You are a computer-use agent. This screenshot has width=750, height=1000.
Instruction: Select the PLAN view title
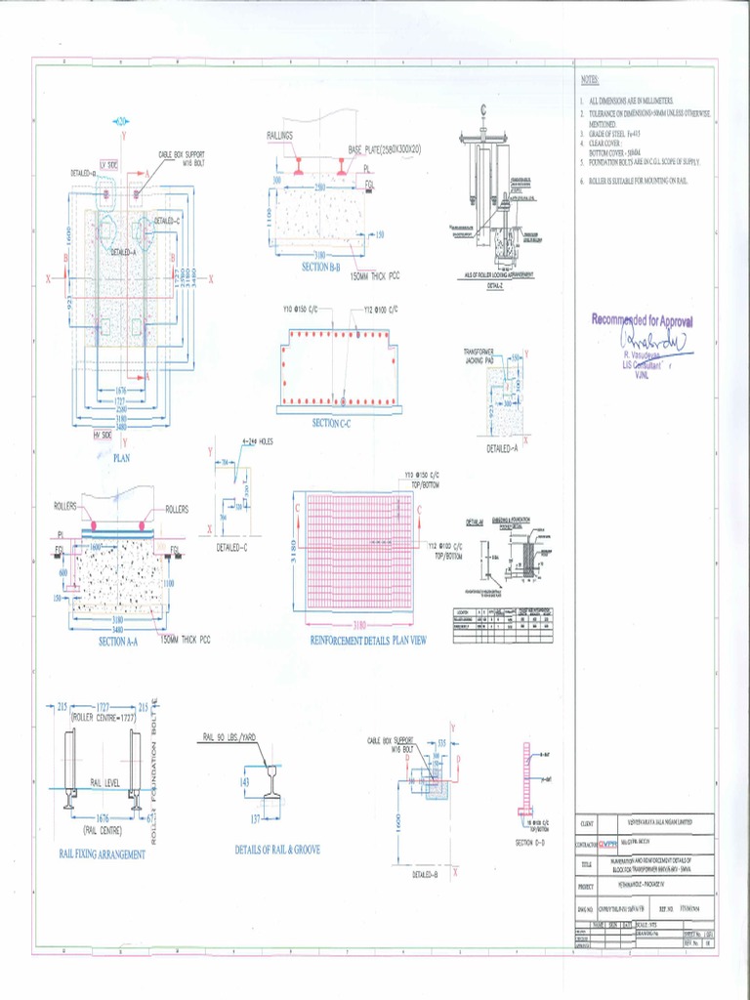(122, 456)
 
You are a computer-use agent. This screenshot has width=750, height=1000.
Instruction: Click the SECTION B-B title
(320, 266)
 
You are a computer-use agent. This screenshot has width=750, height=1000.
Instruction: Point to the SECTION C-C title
(337, 423)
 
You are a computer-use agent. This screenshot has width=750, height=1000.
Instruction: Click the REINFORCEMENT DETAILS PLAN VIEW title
(368, 641)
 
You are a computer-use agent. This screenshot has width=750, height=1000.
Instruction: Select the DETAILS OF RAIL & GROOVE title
(277, 850)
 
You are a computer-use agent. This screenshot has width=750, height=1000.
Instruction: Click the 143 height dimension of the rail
(244, 782)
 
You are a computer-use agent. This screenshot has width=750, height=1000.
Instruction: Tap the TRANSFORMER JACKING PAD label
(481, 354)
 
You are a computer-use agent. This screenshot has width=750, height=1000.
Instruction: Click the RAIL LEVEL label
(104, 782)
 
